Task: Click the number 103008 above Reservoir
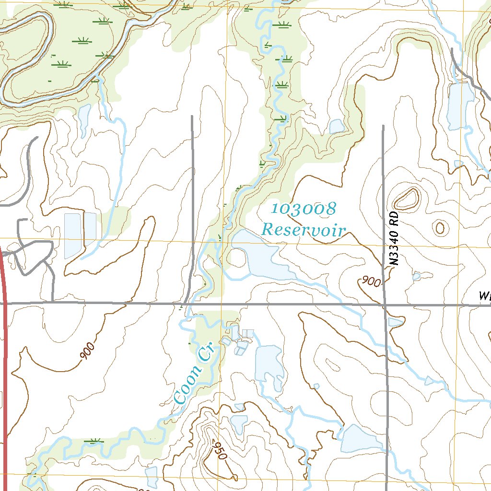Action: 303,209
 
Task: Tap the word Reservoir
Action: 303,230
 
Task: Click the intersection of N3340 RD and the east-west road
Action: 385,304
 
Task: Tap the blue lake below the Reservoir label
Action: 257,257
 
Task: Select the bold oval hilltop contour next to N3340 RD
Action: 406,199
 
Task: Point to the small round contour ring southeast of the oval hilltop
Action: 439,227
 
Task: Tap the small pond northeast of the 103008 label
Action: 337,127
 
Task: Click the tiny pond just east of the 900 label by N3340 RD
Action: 416,276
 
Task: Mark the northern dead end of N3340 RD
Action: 383,126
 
